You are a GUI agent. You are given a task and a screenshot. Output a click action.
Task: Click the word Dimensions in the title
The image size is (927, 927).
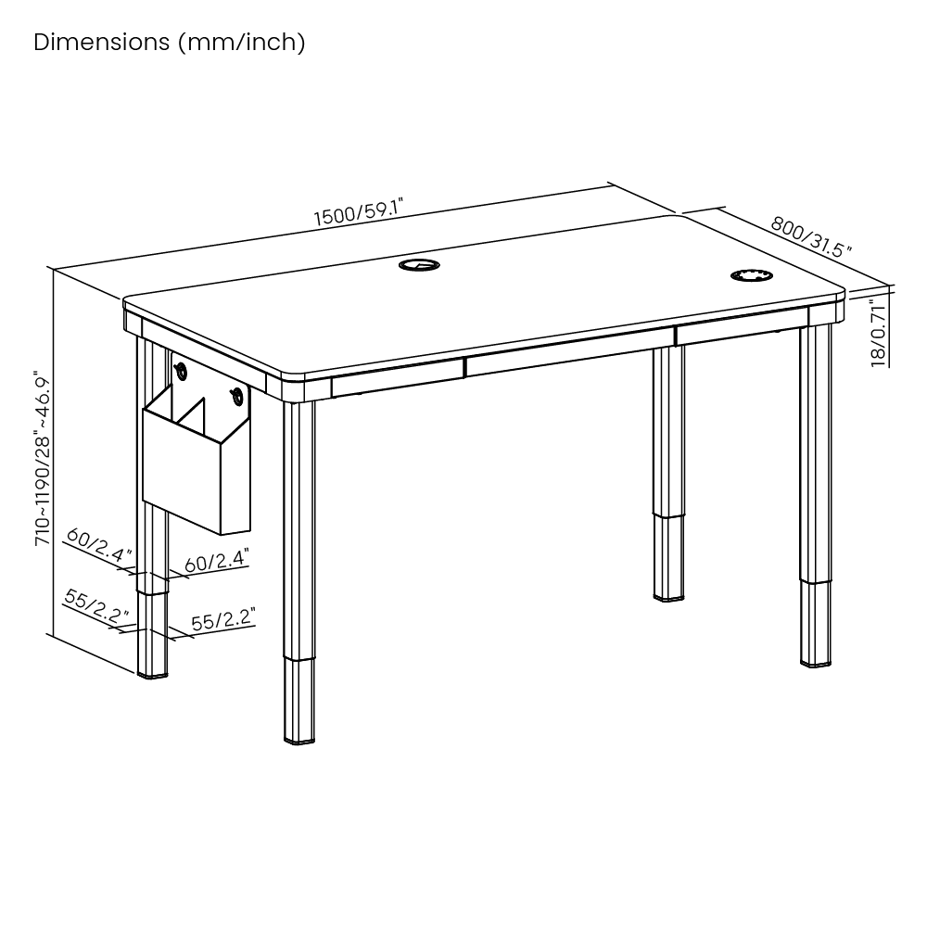(x=102, y=42)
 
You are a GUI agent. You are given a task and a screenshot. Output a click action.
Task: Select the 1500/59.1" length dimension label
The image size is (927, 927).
(x=358, y=212)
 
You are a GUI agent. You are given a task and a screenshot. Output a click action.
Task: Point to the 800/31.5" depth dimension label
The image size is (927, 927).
(x=811, y=236)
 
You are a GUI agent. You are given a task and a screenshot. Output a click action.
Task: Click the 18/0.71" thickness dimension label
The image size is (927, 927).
(x=879, y=334)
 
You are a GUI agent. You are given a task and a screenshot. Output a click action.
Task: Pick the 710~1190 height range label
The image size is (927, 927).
(x=44, y=458)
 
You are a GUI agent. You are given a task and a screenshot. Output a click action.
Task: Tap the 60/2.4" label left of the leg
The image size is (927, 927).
(x=99, y=545)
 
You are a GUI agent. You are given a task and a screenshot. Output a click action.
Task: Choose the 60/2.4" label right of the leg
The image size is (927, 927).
(x=217, y=560)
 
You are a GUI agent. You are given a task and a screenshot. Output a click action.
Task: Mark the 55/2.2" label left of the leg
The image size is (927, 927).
(x=96, y=606)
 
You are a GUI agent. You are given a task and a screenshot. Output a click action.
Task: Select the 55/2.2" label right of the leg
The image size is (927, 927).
(x=222, y=619)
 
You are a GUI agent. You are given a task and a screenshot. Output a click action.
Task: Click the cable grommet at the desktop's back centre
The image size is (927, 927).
(x=419, y=264)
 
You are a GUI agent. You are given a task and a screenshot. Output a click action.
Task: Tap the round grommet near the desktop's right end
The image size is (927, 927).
(x=752, y=275)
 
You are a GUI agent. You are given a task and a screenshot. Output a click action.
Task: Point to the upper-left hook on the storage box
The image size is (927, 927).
(x=181, y=372)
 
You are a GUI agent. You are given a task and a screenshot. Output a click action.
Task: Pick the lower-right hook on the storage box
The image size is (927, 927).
(x=237, y=397)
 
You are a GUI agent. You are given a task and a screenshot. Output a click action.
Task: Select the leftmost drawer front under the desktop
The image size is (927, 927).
(x=398, y=377)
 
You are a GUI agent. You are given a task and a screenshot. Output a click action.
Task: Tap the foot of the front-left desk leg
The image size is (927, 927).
(x=299, y=739)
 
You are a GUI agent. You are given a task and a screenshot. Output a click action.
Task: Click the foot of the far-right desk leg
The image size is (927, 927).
(x=816, y=664)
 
